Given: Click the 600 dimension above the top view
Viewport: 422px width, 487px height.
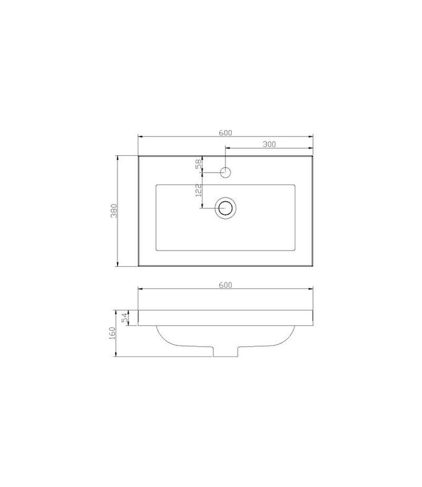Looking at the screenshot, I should click(225, 132).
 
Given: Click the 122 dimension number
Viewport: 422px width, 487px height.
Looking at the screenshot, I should click(199, 190).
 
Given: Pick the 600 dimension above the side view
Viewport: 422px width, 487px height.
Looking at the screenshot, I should click(225, 285).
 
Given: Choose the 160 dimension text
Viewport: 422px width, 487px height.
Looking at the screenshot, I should click(112, 332).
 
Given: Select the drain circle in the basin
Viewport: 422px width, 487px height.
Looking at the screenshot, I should click(225, 208).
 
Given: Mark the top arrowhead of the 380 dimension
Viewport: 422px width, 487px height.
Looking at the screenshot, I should click(118, 157).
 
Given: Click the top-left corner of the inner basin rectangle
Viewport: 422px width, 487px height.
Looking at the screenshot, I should click(156, 184).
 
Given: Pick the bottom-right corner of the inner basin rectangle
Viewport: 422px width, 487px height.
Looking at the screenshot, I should click(295, 251).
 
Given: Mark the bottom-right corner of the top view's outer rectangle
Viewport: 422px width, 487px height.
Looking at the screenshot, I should click(313, 266).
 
